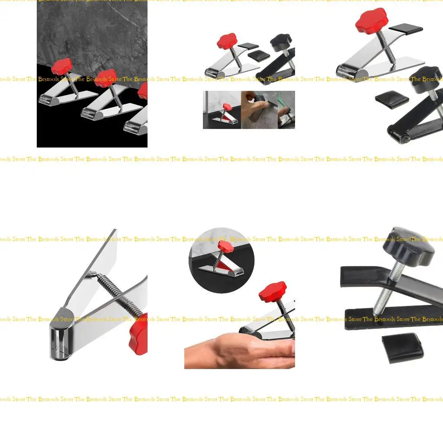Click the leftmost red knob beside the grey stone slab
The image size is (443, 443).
[x=62, y=67]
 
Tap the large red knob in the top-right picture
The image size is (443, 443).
[x=372, y=21]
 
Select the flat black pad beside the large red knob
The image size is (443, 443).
[x=405, y=29]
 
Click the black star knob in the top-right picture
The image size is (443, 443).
[x=424, y=79]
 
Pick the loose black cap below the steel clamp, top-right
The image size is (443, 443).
[x=392, y=99]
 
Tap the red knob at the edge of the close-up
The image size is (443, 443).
[x=139, y=334]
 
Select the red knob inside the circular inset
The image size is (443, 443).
[x=225, y=247]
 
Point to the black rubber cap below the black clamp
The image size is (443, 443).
[x=402, y=347]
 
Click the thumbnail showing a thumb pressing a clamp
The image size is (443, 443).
[x=259, y=110]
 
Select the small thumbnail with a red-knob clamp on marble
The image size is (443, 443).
[x=221, y=110]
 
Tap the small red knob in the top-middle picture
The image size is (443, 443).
[x=227, y=41]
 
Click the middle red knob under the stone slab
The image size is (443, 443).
[x=106, y=78]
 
